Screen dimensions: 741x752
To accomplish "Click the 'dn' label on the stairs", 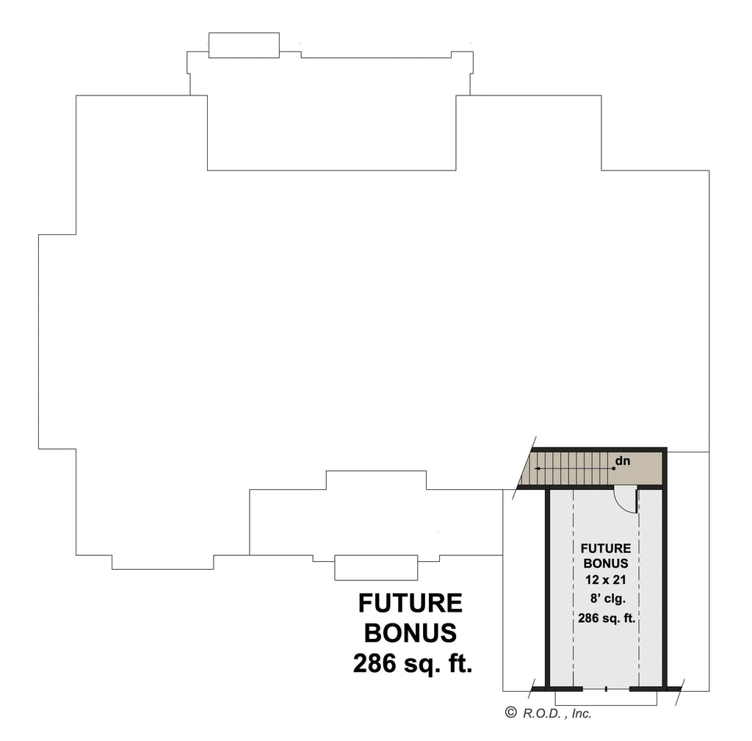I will click(x=623, y=461).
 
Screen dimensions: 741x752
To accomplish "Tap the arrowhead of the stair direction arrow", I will click(x=537, y=468).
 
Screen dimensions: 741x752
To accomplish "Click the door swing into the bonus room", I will click(x=625, y=499).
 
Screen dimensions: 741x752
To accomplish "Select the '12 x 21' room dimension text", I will click(x=606, y=579).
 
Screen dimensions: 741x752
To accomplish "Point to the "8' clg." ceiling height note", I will click(x=606, y=598).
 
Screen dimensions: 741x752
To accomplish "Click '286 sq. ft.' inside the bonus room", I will click(x=606, y=618).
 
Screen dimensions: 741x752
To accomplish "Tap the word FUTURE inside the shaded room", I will click(x=606, y=549).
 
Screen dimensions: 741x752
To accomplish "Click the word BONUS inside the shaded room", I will click(x=606, y=564).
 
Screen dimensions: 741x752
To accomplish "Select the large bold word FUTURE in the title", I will click(x=411, y=604).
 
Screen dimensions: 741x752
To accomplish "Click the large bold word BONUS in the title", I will click(x=411, y=632).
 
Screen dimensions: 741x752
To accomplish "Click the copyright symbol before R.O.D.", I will click(x=511, y=712).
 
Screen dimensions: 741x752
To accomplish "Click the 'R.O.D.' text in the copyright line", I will click(x=542, y=712).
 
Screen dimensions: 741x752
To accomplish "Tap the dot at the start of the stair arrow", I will click(x=612, y=468).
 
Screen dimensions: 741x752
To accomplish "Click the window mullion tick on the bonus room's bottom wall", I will click(x=606, y=689).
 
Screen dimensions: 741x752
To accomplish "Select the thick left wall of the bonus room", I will click(x=548, y=588).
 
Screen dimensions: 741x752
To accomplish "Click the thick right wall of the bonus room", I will click(x=664, y=588).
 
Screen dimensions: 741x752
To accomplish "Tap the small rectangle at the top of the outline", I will click(x=244, y=45).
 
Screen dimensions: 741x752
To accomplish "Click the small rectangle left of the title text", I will click(x=376, y=568).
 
